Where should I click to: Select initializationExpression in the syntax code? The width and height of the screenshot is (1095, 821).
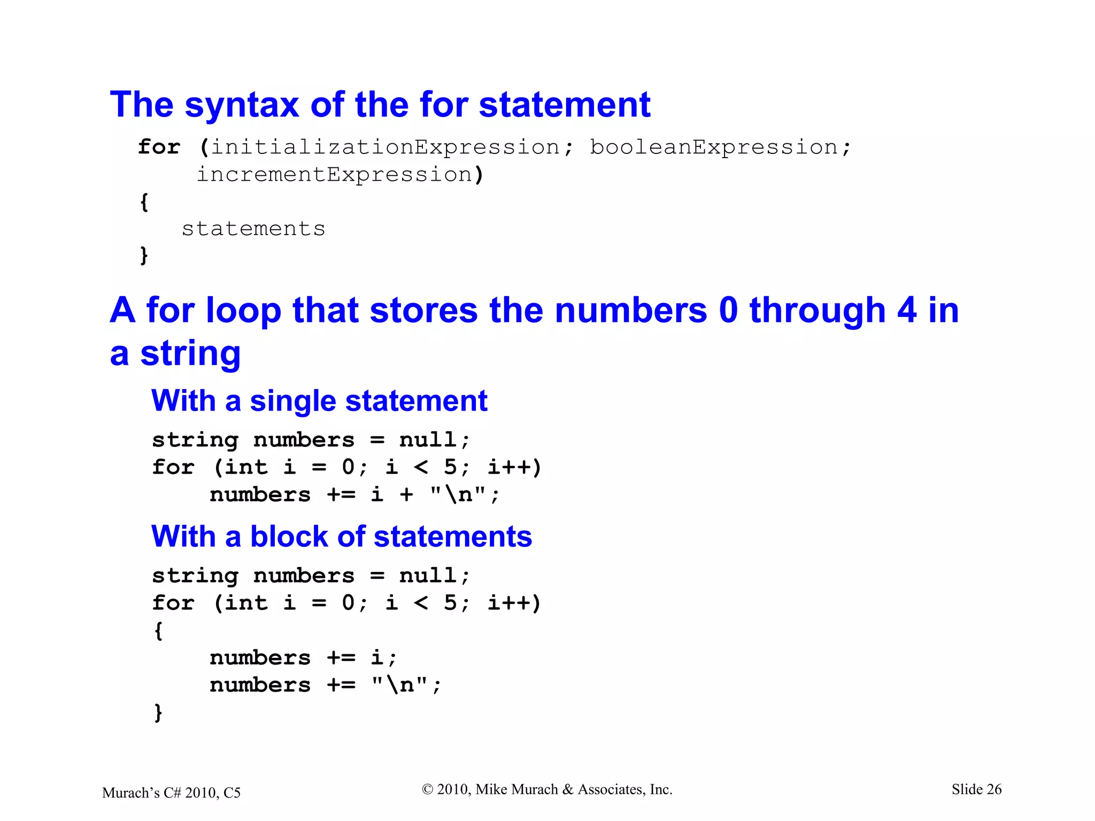(x=385, y=148)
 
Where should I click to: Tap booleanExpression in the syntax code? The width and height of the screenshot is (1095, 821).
(x=713, y=148)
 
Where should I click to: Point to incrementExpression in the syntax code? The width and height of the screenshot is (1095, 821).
(x=334, y=175)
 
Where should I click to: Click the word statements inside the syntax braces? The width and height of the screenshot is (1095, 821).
(x=253, y=229)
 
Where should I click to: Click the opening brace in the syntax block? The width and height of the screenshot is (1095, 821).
(x=144, y=202)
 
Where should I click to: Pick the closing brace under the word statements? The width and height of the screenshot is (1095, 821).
(x=144, y=255)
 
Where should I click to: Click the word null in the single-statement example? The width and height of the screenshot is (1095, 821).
(x=428, y=440)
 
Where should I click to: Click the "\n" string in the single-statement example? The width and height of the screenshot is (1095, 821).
(x=458, y=495)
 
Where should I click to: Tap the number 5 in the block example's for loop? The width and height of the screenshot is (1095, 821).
(x=450, y=603)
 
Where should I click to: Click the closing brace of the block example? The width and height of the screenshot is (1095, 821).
(x=158, y=712)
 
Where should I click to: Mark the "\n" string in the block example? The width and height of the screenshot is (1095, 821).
(x=400, y=685)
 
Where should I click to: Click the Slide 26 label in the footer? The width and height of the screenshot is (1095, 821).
(x=976, y=789)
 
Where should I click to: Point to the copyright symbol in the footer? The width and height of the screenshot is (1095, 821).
(x=427, y=789)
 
